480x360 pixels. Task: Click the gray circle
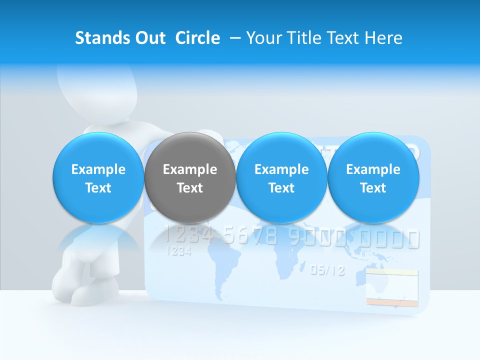pos(189,177)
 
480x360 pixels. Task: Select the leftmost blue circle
pos(98,177)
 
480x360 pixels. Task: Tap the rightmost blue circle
pos(373,177)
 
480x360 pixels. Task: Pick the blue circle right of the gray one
pos(281,177)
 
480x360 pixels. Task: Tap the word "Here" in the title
pos(383,38)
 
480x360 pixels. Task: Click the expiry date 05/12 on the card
pos(327,270)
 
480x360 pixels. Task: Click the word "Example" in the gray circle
pos(189,169)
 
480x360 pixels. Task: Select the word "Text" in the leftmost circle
pos(98,188)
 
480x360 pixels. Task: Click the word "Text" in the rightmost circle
pos(373,188)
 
